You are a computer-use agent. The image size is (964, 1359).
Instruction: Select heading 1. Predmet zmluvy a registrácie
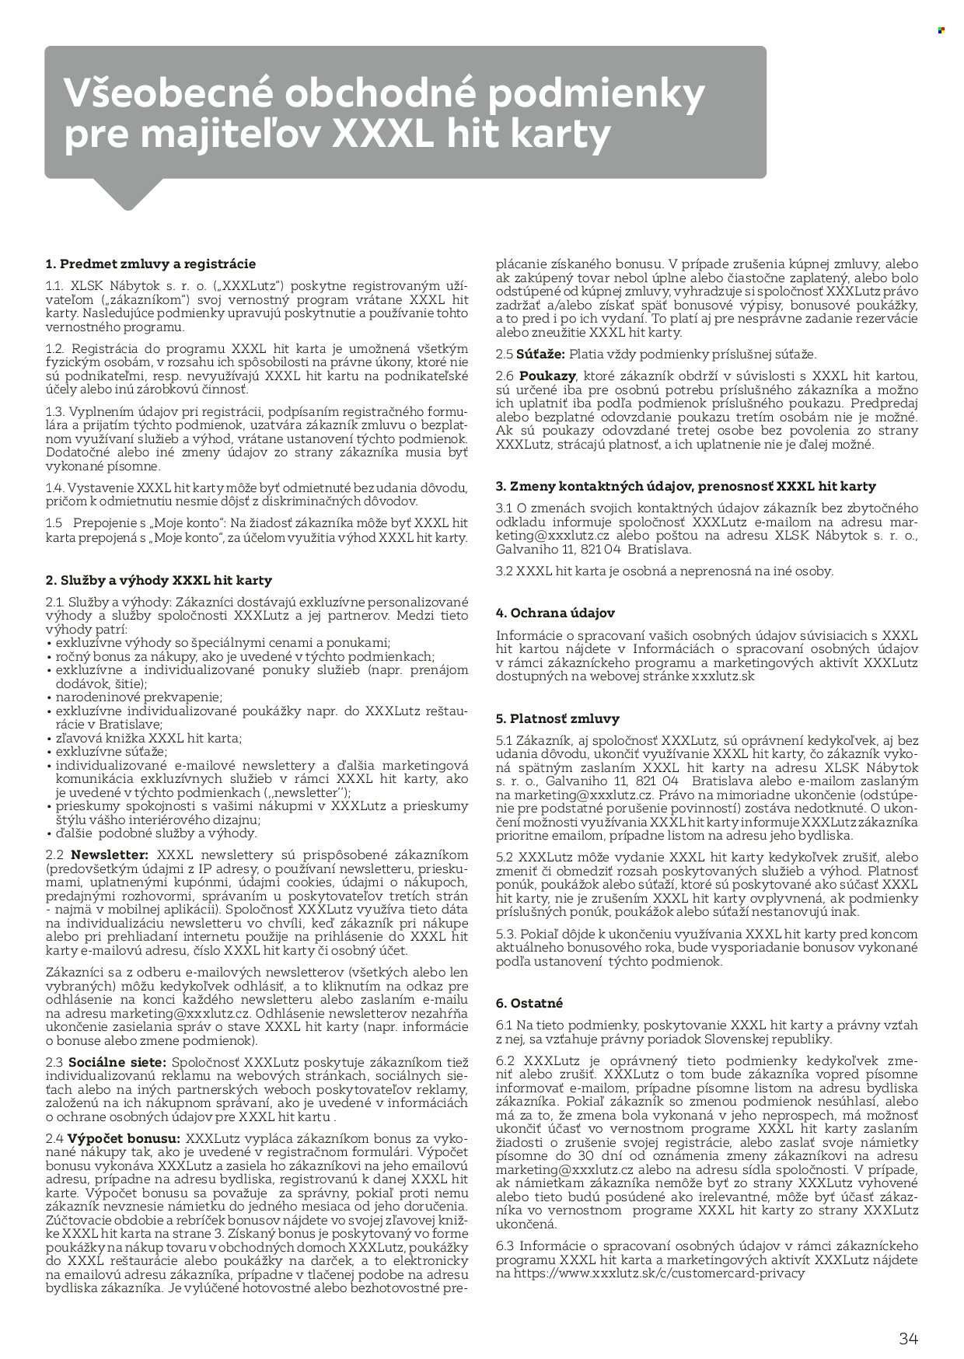151,264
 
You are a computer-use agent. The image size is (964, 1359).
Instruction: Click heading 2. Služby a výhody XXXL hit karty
159,580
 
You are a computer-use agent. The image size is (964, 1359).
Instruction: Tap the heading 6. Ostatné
529,1003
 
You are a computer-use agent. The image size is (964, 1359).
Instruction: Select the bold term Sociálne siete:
117,1061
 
